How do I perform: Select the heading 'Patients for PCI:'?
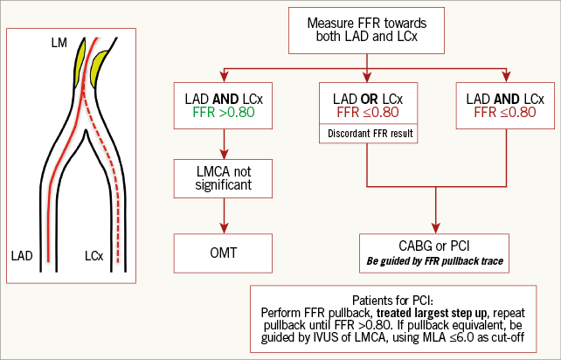pyautogui.click(x=403, y=296)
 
